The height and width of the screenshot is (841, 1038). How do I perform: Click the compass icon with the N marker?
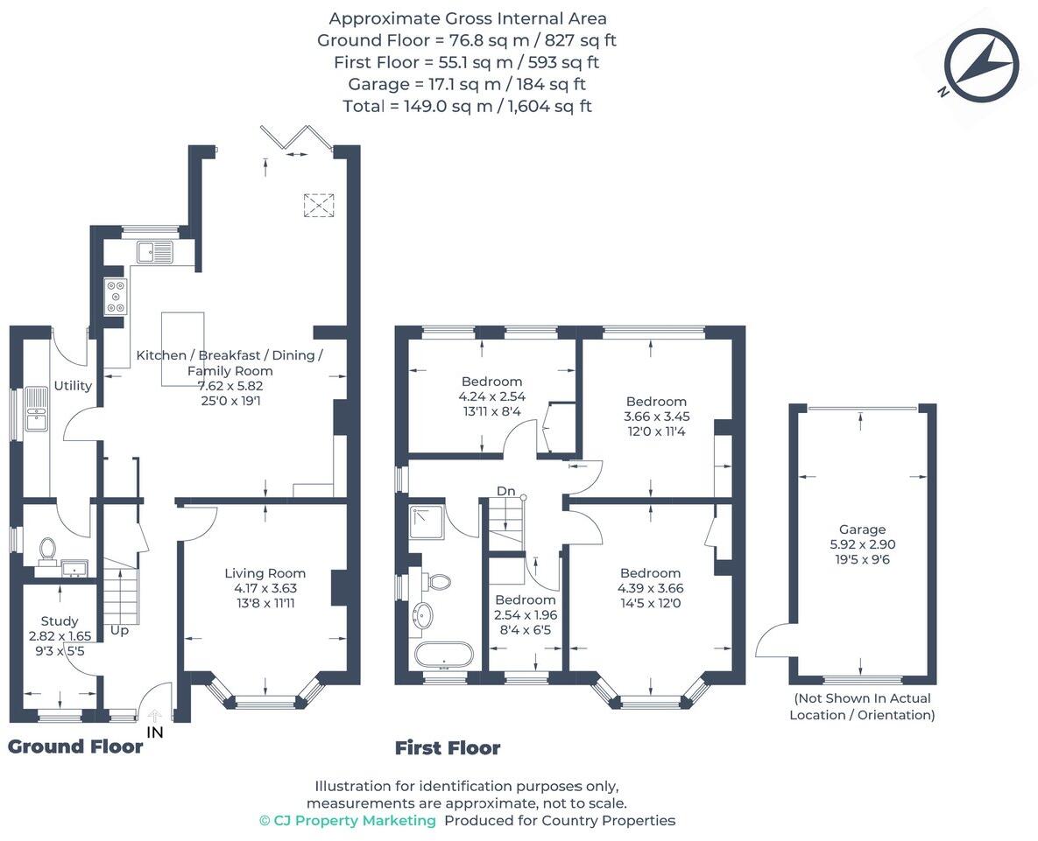(x=982, y=65)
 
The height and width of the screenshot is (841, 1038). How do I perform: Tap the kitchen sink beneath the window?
(x=155, y=253)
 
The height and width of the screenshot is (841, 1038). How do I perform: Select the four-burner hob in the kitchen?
(x=116, y=296)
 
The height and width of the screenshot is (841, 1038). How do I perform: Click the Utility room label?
(x=73, y=386)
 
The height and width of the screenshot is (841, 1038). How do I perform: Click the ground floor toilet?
(x=47, y=550)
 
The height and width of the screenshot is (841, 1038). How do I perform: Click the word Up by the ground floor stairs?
(x=120, y=630)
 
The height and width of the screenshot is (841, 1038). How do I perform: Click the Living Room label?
(x=265, y=573)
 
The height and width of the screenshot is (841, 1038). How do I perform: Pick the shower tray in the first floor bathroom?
(x=427, y=521)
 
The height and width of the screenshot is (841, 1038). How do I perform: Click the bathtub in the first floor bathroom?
(x=444, y=655)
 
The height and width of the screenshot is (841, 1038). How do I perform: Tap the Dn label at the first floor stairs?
(x=506, y=491)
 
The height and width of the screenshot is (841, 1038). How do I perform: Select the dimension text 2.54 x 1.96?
(x=526, y=615)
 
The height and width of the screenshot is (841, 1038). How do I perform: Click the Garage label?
(x=862, y=529)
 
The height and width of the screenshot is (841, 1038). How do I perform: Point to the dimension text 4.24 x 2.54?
(x=492, y=396)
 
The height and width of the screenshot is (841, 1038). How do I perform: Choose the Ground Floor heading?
(x=75, y=746)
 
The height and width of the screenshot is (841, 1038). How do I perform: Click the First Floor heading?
(x=448, y=748)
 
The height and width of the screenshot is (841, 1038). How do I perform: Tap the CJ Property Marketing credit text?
(x=348, y=821)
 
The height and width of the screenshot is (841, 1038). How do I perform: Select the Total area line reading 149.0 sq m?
(x=467, y=106)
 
